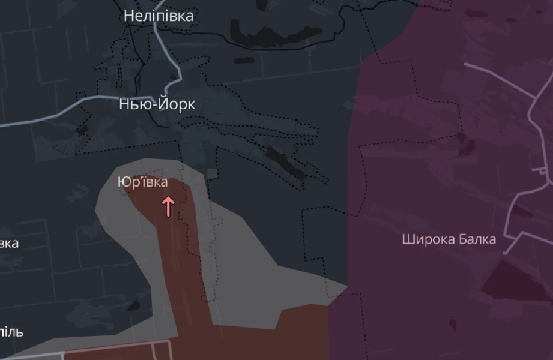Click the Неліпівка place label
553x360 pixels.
(159, 16)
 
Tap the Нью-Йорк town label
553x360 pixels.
(157, 104)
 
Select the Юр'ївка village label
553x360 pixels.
(143, 182)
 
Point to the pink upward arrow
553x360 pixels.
(168, 206)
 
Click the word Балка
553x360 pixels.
(476, 239)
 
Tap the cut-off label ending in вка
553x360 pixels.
(8, 244)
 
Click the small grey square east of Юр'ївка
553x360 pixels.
(211, 174)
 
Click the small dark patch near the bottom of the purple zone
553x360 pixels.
(452, 325)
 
